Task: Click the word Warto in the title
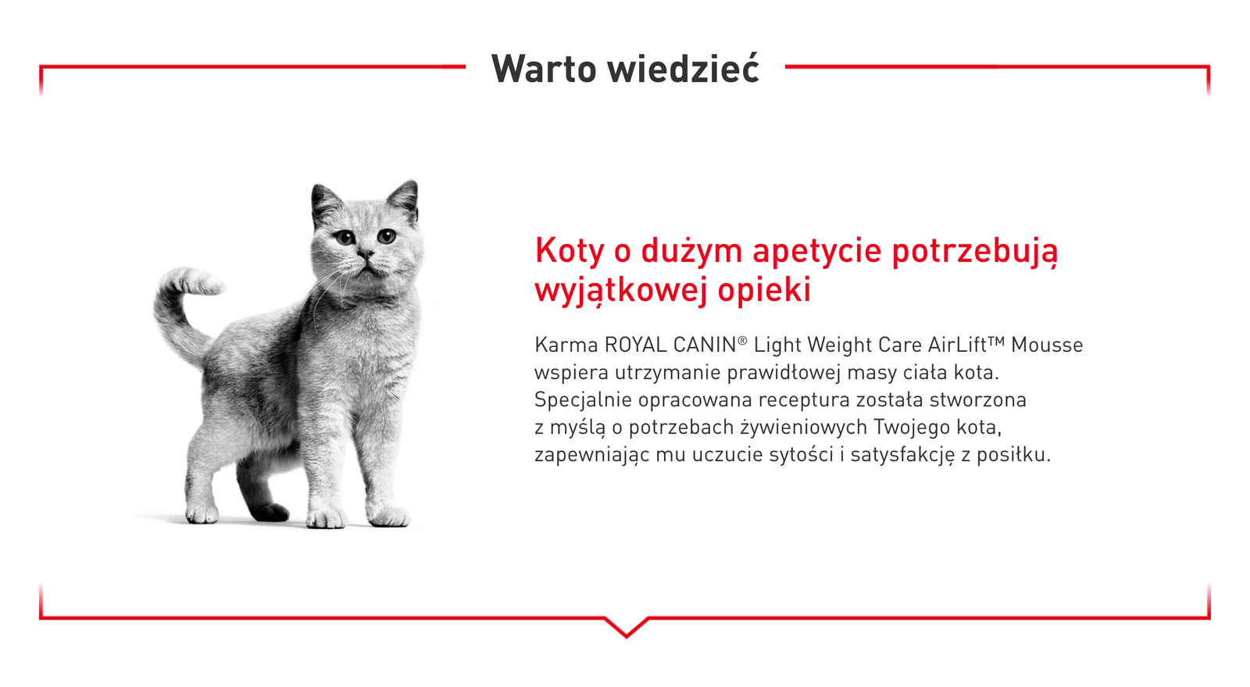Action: click(x=544, y=69)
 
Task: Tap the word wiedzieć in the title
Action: click(x=684, y=69)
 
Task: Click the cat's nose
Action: click(x=364, y=255)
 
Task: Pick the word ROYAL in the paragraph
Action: click(x=636, y=345)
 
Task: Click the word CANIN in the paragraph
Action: click(x=705, y=345)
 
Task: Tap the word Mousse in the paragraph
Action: click(x=1047, y=345)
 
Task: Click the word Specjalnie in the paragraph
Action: click(x=584, y=400)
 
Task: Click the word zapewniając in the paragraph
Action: click(x=591, y=455)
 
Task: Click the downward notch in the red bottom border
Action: click(x=626, y=628)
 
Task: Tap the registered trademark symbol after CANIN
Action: click(x=742, y=341)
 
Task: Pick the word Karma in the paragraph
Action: click(x=566, y=345)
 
